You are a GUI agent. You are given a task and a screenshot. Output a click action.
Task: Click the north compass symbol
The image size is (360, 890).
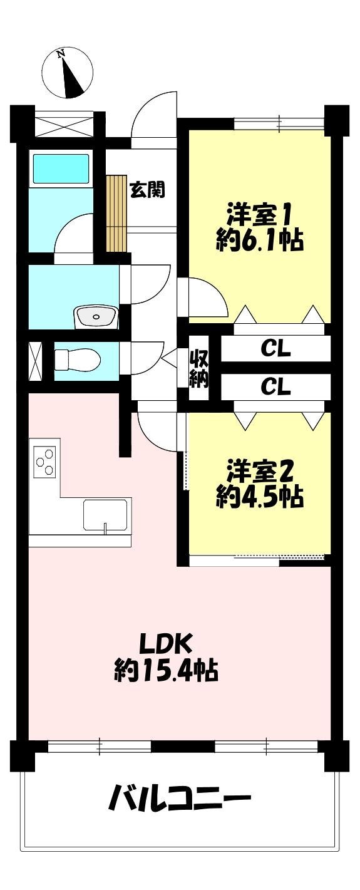[68, 73]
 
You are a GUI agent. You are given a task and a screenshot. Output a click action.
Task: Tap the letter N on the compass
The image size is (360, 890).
[61, 53]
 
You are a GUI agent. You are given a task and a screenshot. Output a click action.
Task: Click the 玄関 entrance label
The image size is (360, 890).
[147, 190]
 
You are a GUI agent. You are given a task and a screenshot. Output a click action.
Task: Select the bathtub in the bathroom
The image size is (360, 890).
[61, 169]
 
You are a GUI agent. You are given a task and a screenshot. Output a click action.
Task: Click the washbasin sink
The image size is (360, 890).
[95, 317]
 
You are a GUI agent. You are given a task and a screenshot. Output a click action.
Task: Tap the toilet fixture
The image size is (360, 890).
[77, 360]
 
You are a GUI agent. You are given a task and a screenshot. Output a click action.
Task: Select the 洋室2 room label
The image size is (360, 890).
[260, 472]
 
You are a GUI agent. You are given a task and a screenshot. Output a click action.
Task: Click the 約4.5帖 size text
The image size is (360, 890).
[260, 497]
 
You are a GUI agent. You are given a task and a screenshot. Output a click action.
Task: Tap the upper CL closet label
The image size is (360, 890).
[275, 349]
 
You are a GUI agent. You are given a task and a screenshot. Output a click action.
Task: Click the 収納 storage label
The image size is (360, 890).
[198, 370]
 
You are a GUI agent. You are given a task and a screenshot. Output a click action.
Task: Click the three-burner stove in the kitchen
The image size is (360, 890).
[44, 461]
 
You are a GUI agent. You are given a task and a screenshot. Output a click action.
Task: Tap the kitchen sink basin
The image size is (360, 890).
[106, 515]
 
